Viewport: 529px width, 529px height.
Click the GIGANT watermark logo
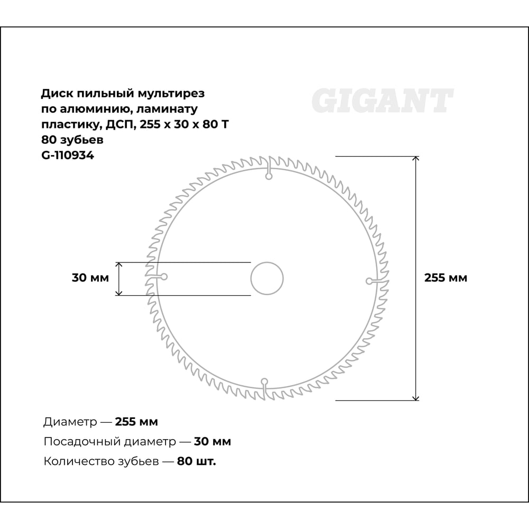382,101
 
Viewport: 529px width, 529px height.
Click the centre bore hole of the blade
267,278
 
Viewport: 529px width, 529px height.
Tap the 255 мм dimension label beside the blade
445,278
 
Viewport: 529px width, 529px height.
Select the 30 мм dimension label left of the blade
90,278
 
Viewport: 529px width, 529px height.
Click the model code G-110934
68,156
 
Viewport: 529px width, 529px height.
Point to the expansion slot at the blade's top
269,168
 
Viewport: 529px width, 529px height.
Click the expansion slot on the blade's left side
157,277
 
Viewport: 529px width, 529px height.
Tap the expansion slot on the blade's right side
377,281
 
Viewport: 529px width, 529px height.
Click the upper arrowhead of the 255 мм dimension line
416,159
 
